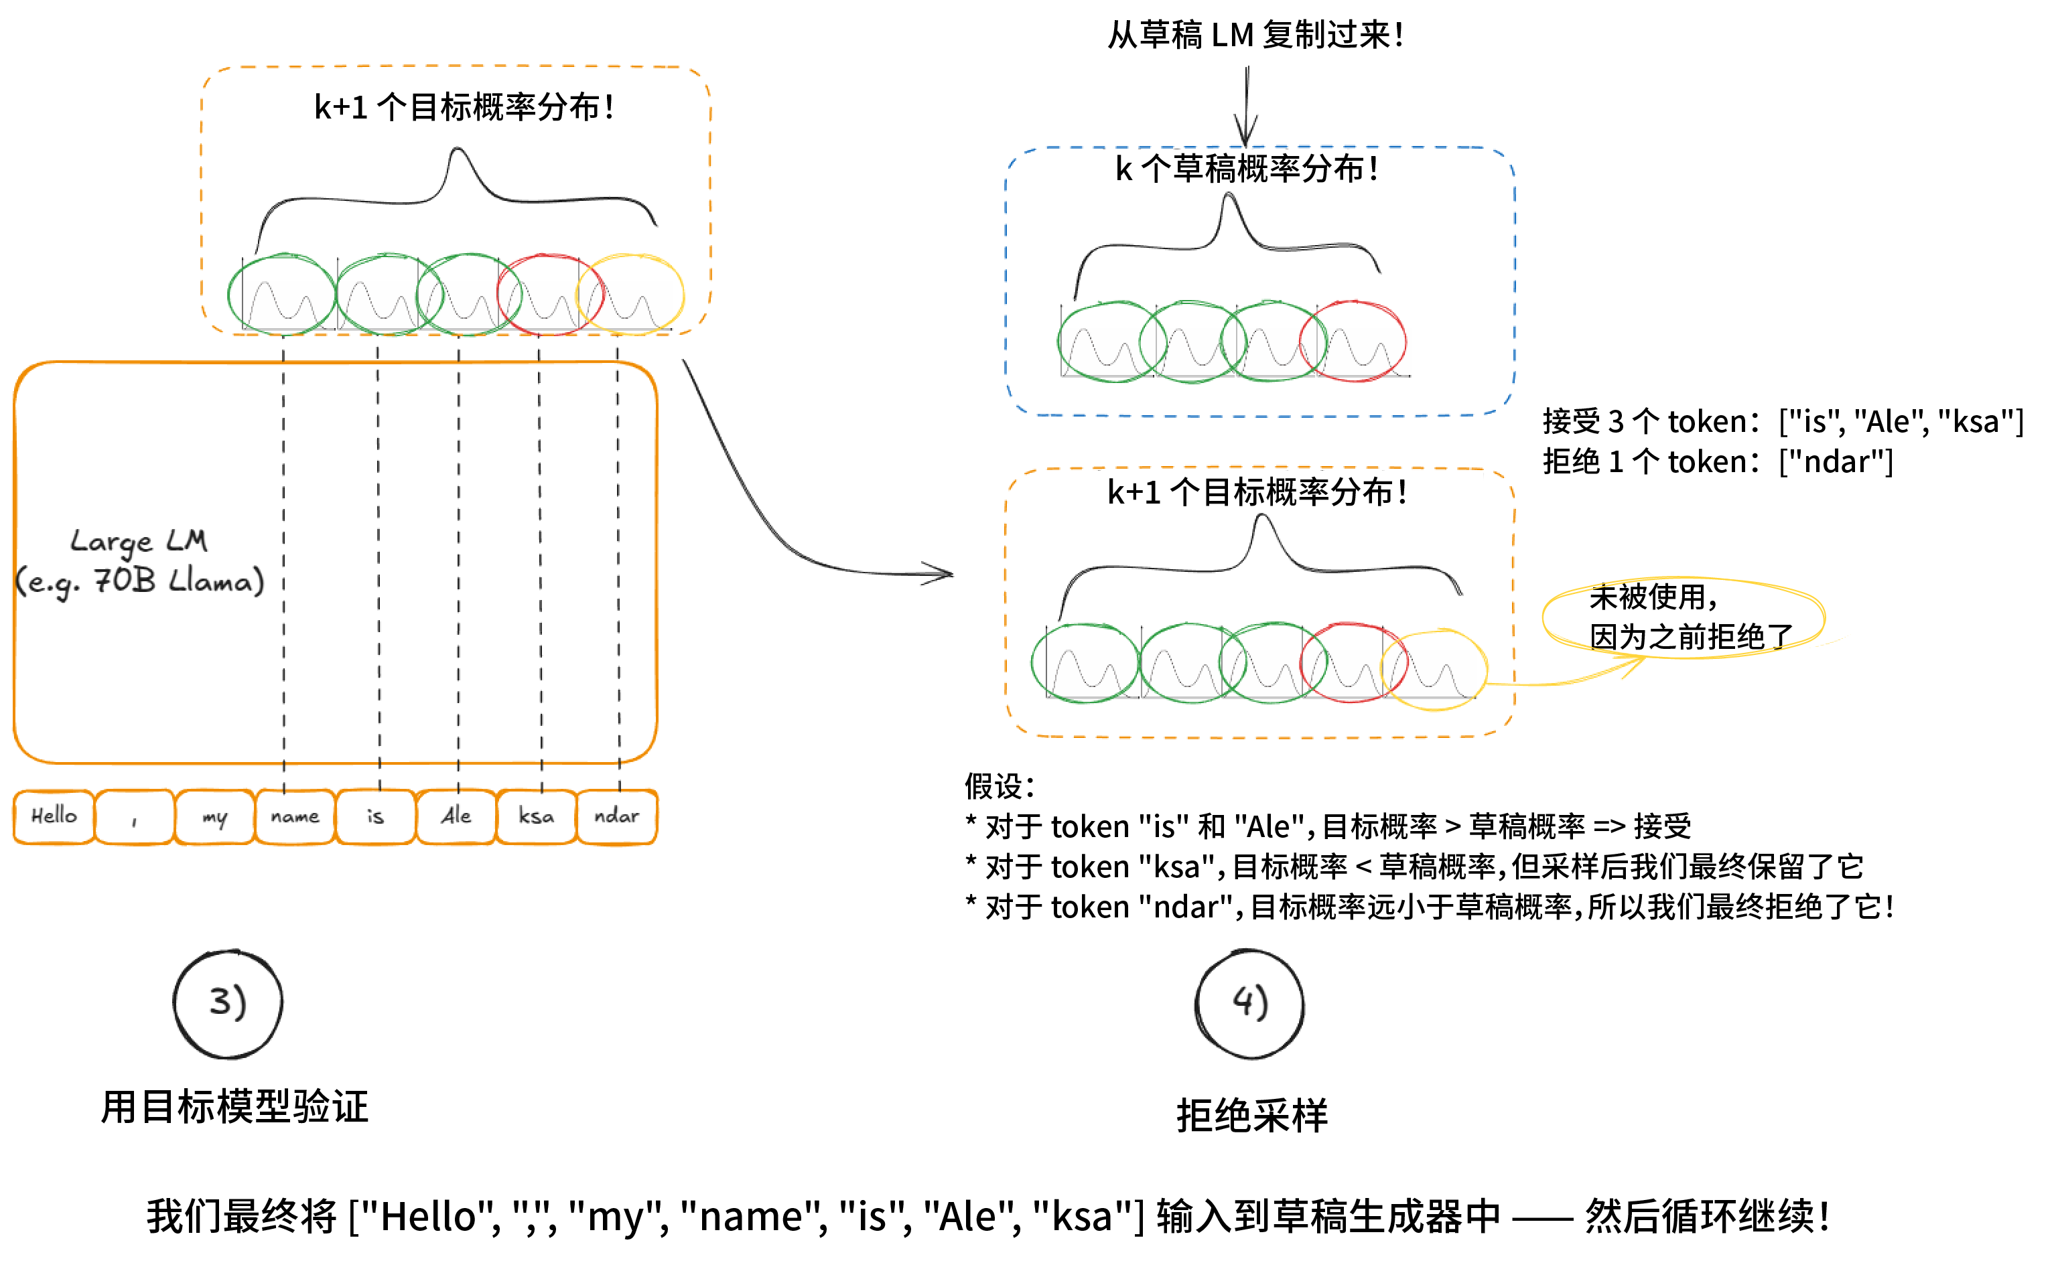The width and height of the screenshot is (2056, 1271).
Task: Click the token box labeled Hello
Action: pos(54,816)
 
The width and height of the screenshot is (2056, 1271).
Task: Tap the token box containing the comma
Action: pos(135,817)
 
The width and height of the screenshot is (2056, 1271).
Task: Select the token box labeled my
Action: pos(214,817)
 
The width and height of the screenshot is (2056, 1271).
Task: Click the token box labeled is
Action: pos(375,817)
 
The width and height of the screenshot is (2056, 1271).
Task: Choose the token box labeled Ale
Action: pos(456,817)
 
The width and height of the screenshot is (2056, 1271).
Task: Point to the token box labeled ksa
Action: pos(537,817)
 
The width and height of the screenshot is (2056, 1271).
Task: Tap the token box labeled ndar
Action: pos(616,817)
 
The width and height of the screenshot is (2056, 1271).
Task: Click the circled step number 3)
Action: pos(228,1004)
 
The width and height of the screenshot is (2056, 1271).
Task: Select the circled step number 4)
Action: pos(1249,1004)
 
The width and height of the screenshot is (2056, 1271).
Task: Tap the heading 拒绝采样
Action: pos(1252,1116)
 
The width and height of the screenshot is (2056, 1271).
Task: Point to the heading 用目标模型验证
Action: pos(234,1106)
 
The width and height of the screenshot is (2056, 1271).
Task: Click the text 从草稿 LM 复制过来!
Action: pos(1255,35)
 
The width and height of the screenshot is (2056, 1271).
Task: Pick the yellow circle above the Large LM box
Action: pos(630,294)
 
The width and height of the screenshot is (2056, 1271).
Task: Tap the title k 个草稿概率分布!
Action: pos(1246,169)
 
